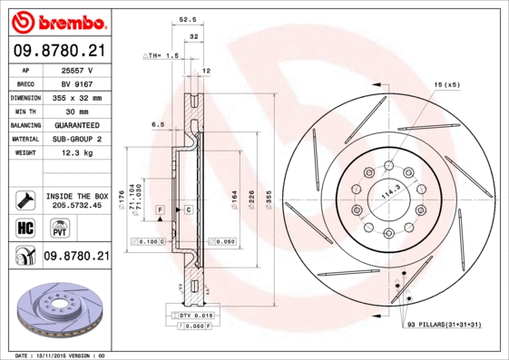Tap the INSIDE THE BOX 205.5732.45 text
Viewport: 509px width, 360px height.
pos(76,200)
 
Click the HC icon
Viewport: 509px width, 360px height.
pos(24,227)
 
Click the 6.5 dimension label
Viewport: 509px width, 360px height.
pos(158,124)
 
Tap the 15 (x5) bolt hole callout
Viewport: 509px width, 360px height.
pos(446,84)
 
